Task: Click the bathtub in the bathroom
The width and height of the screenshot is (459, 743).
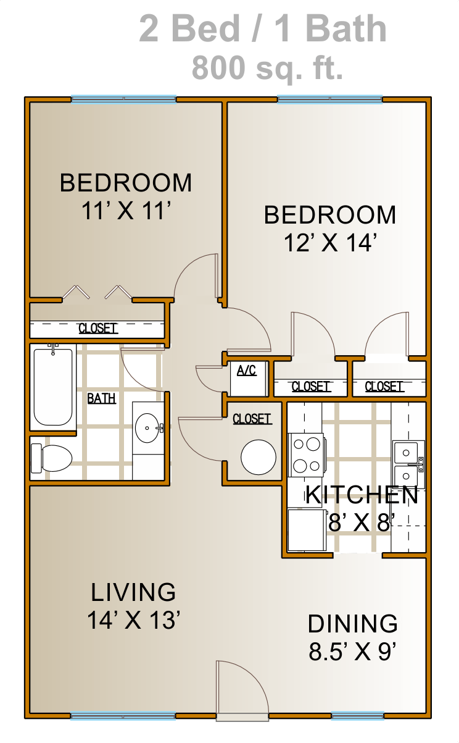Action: click(x=53, y=387)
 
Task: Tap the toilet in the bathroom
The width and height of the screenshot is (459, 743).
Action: click(x=51, y=458)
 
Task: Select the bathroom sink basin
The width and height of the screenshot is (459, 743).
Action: click(x=147, y=428)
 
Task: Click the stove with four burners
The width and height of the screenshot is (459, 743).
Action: click(x=307, y=455)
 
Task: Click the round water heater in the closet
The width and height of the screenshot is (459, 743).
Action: click(x=258, y=457)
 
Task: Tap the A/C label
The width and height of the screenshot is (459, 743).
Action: click(x=247, y=370)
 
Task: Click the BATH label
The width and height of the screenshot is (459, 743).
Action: click(x=101, y=398)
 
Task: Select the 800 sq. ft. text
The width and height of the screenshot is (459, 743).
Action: click(x=267, y=67)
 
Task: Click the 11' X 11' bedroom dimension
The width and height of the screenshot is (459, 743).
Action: click(x=126, y=211)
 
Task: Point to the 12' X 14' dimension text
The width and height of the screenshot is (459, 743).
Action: click(x=330, y=243)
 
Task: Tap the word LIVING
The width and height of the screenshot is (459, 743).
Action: click(x=133, y=592)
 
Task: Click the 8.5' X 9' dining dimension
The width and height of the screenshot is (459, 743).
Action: click(x=353, y=652)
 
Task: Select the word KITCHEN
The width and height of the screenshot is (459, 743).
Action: click(x=362, y=495)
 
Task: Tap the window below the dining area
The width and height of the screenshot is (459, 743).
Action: click(x=358, y=716)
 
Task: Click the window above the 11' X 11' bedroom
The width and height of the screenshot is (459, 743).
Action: click(x=123, y=99)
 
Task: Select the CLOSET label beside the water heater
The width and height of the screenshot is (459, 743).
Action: click(x=252, y=419)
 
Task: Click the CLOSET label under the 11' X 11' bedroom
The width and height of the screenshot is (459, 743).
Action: click(x=98, y=329)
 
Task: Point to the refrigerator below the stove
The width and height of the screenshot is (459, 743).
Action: click(x=307, y=530)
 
